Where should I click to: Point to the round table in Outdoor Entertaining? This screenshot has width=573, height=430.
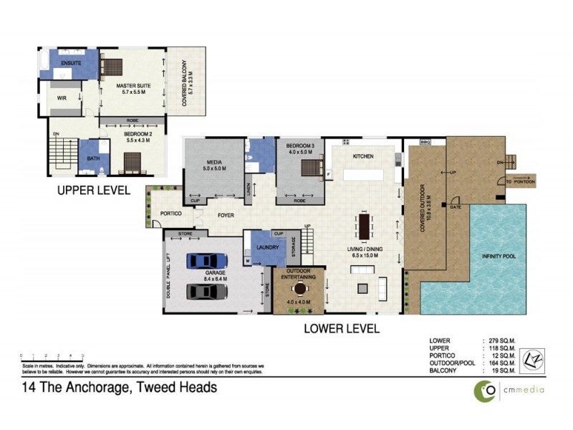[299, 289]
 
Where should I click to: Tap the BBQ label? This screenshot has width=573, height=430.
[424, 142]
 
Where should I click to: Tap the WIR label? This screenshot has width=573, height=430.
[62, 98]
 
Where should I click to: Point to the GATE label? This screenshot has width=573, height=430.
[455, 207]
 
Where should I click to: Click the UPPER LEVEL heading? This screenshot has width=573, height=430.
[94, 191]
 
